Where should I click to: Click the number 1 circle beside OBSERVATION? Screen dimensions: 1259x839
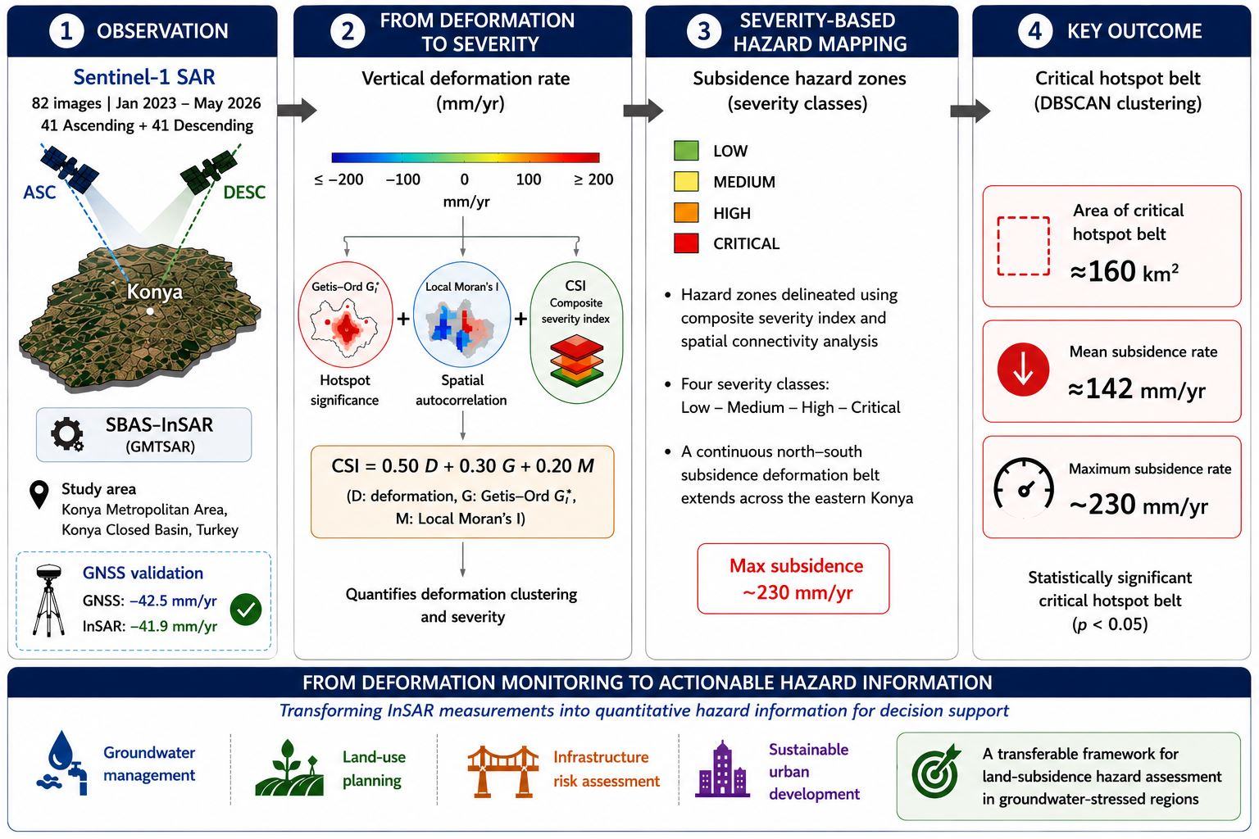click(x=66, y=31)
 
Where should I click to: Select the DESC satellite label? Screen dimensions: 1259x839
click(x=244, y=193)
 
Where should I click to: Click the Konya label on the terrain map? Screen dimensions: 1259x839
click(x=155, y=292)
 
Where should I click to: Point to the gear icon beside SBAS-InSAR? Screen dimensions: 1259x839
click(x=67, y=433)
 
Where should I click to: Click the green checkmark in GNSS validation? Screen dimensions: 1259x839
click(x=246, y=610)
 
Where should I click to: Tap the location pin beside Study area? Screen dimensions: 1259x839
click(x=39, y=495)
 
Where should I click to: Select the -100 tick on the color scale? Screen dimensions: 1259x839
click(x=403, y=179)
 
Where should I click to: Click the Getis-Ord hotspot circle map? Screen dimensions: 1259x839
click(x=346, y=315)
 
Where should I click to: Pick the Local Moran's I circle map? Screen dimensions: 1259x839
click(x=462, y=315)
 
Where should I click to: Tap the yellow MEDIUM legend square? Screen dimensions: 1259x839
click(x=686, y=182)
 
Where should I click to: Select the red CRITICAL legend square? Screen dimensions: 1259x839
click(x=686, y=243)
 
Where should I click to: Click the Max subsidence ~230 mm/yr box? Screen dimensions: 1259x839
click(x=793, y=578)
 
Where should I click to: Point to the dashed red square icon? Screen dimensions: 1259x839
click(x=1024, y=246)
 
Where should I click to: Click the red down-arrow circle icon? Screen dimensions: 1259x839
click(x=1023, y=370)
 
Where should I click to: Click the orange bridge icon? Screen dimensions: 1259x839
click(x=503, y=771)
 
